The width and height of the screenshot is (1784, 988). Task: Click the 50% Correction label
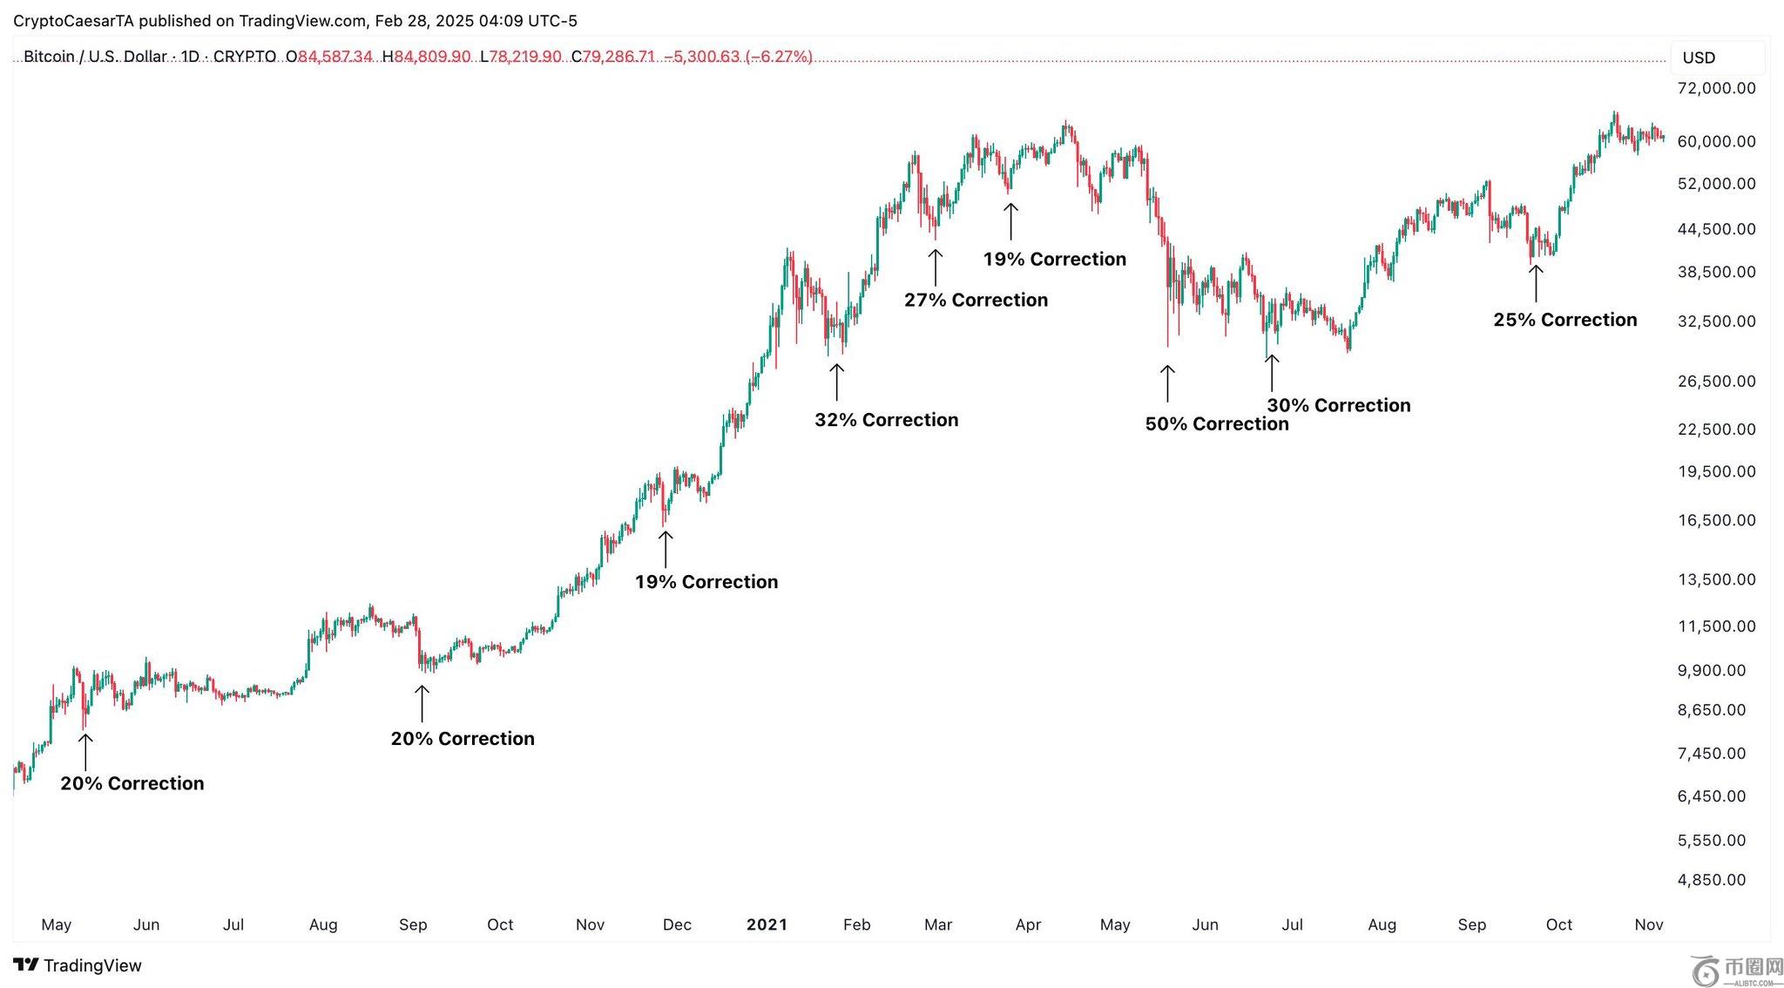pos(1216,424)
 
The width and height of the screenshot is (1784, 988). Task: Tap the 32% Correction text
pos(886,420)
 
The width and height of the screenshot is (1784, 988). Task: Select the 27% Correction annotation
pos(976,301)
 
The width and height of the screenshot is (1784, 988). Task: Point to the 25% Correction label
pos(1564,320)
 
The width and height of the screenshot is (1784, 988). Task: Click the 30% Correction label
pos(1338,405)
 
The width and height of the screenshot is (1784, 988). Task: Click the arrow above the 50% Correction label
pos(1167,383)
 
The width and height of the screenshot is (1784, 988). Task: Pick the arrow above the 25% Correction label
pos(1536,283)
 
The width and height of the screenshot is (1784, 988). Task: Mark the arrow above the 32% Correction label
pos(836,382)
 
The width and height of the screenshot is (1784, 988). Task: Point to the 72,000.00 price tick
pos(1716,88)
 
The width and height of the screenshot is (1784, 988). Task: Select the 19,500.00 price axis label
pos(1716,471)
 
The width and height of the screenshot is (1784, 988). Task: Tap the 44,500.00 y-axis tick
pos(1716,229)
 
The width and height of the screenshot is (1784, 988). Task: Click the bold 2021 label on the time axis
pos(767,924)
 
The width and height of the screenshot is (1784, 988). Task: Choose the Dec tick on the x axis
pos(677,924)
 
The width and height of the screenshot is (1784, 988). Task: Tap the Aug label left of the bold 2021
pos(323,924)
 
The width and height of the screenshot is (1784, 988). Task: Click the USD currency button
pos(1699,58)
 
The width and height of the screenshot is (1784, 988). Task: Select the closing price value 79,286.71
pos(618,57)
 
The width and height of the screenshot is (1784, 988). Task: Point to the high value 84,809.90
pos(432,57)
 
